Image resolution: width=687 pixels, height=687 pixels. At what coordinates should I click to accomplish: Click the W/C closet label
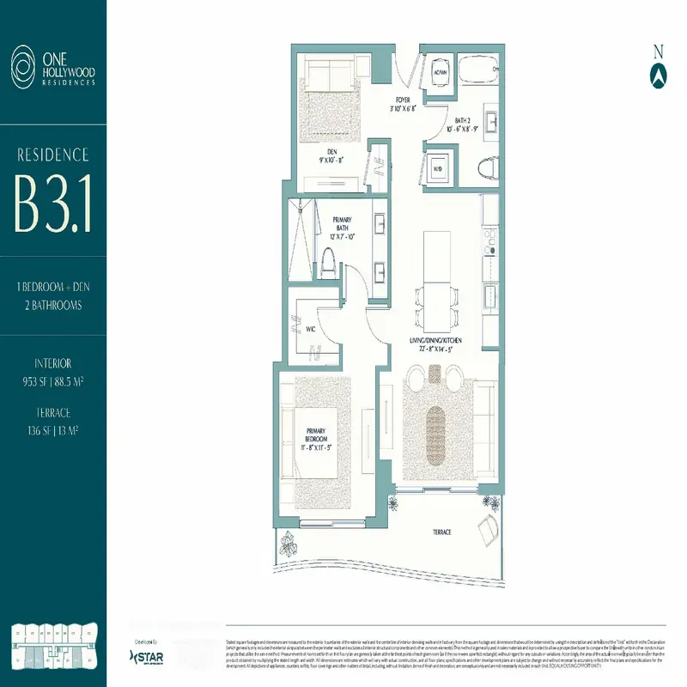point(311,327)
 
